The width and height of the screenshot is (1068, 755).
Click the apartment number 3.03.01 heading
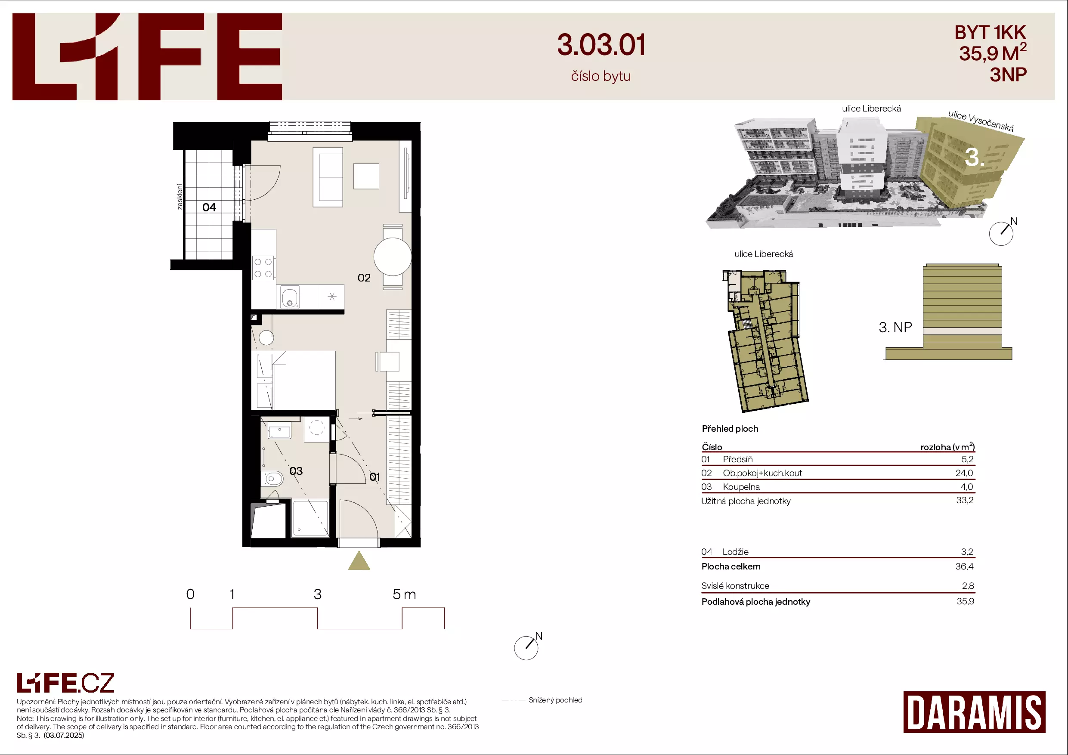(601, 45)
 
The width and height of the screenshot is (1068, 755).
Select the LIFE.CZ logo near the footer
(65, 683)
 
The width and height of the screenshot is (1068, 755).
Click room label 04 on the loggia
(209, 207)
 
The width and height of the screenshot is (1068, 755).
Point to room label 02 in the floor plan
(364, 278)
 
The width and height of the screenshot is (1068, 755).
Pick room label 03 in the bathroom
(296, 471)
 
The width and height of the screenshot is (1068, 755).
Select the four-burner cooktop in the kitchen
(263, 268)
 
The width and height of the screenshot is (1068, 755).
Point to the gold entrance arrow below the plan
(359, 560)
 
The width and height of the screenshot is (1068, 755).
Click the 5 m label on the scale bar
(404, 594)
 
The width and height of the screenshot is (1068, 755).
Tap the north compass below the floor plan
(527, 647)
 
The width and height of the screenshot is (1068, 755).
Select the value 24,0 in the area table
(964, 473)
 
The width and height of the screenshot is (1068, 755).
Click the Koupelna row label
(741, 487)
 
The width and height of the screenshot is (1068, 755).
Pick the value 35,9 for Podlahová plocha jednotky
(965, 601)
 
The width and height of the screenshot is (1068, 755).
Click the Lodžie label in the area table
(735, 552)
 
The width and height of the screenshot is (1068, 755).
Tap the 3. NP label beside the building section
(895, 328)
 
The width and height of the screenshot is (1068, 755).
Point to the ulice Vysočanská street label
(981, 121)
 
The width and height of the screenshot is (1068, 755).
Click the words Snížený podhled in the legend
(555, 700)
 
